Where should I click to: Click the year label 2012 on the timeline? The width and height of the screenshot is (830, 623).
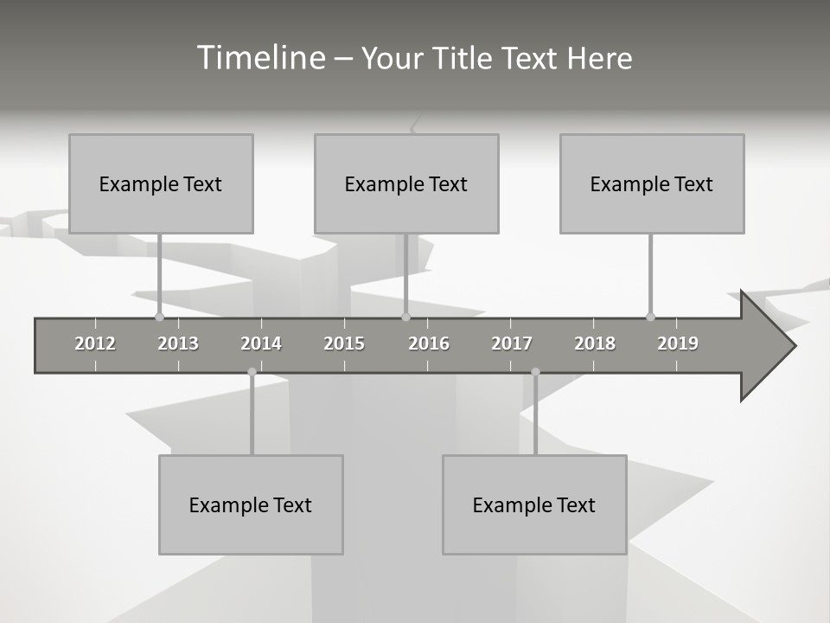tap(95, 344)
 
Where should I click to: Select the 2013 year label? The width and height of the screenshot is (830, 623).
tap(178, 344)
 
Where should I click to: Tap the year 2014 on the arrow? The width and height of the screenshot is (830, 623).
tap(261, 344)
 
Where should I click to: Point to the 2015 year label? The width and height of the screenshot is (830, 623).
tap(344, 344)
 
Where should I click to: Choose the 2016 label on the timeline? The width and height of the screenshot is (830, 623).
tap(429, 344)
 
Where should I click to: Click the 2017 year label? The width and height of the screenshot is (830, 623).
tap(512, 344)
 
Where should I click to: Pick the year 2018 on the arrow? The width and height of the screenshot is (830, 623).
tap(595, 344)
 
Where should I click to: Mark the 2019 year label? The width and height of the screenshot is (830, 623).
tap(678, 344)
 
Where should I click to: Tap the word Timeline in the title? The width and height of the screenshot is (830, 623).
tap(260, 58)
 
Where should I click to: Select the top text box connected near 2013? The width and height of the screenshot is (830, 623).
tap(161, 183)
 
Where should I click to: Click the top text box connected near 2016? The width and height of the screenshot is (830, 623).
tap(406, 183)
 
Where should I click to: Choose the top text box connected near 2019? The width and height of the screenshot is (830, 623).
tap(652, 183)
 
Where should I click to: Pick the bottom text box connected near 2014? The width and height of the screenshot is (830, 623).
tap(251, 504)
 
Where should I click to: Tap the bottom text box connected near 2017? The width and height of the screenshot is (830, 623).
tap(534, 504)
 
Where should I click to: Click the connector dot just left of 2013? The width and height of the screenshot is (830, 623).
tap(159, 317)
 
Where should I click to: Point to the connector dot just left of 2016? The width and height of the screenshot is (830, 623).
tap(405, 317)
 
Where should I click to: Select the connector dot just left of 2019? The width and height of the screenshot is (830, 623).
tap(650, 317)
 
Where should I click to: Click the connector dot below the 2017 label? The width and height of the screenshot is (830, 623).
tap(535, 372)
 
